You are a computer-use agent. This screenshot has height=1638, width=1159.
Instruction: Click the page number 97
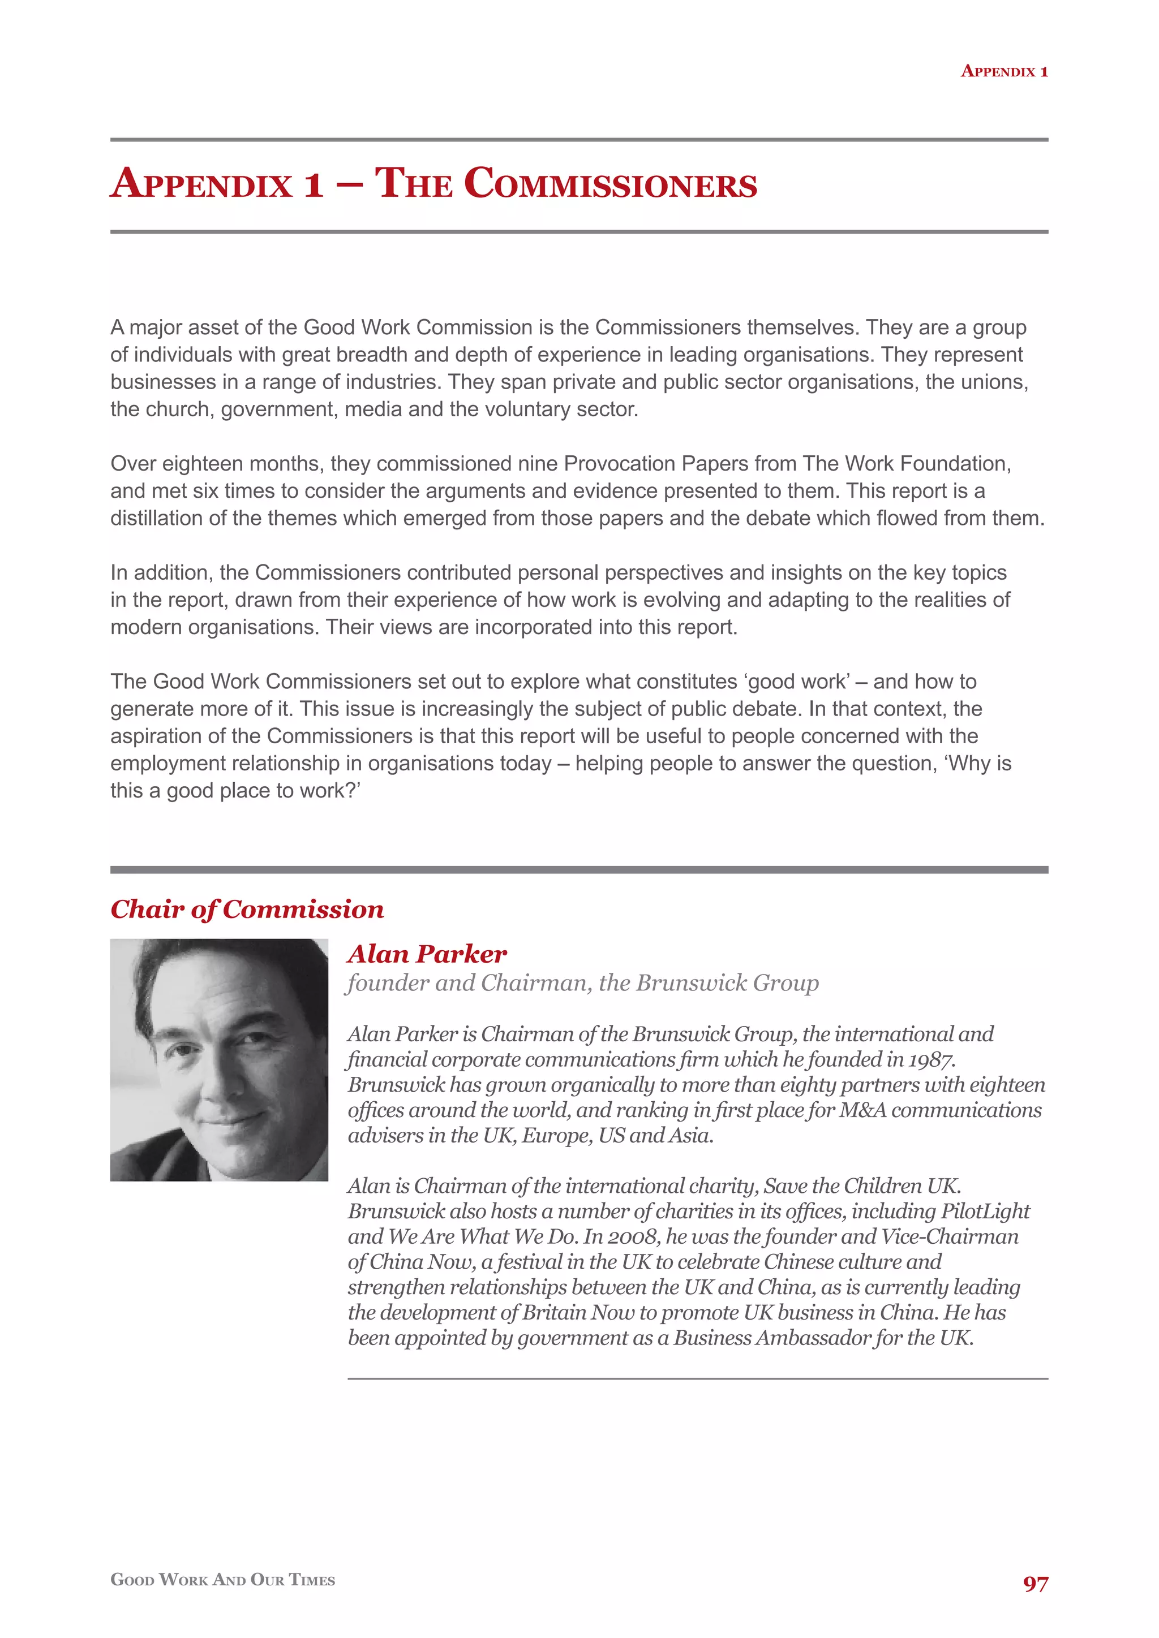[1035, 1584]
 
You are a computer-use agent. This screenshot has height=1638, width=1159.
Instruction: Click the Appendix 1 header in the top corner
[1003, 71]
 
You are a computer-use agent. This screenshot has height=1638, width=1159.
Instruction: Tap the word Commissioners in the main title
[610, 183]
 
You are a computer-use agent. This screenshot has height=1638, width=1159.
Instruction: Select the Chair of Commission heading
[247, 909]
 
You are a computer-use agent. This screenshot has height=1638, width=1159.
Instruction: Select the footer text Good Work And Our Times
[222, 1580]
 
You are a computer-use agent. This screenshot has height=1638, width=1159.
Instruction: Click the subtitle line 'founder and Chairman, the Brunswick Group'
[582, 983]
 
